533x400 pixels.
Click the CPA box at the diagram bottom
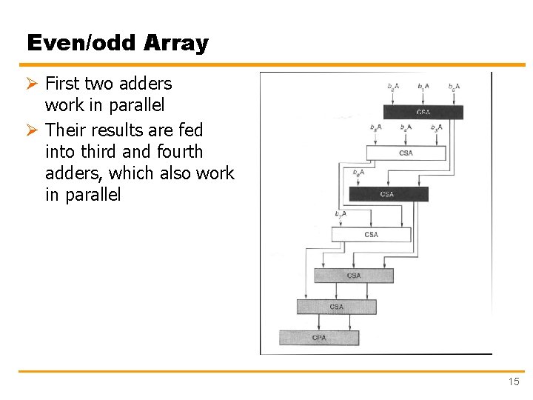[319, 338]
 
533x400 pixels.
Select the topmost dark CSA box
[423, 112]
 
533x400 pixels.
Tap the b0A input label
[454, 87]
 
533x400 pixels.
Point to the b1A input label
[423, 87]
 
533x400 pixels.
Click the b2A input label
[392, 87]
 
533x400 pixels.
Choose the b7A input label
[341, 214]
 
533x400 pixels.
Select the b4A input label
[406, 127]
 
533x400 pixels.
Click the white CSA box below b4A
[406, 153]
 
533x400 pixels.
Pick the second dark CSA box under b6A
[388, 194]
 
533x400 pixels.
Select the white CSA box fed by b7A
[371, 234]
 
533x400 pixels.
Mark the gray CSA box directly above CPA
[336, 307]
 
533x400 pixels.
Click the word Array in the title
[176, 43]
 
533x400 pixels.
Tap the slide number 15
[514, 381]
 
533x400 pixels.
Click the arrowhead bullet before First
[33, 84]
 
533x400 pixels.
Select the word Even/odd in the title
[82, 43]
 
